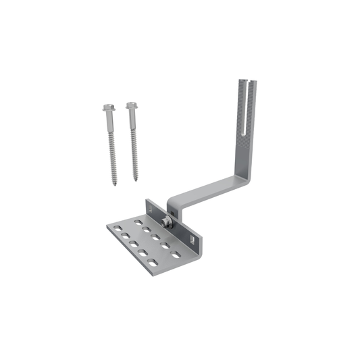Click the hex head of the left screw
click(x=109, y=107)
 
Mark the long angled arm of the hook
click(x=209, y=189)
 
